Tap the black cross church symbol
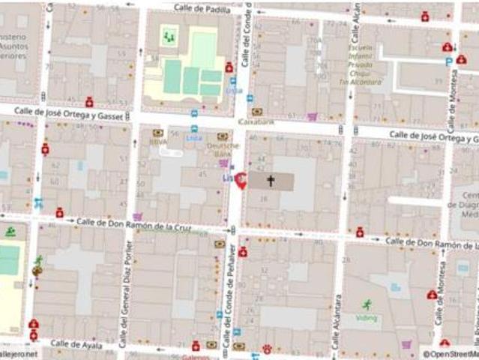[271, 181]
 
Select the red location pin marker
[241, 181]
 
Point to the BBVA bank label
[158, 141]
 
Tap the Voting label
[367, 318]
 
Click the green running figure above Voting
[367, 304]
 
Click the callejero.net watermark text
[18, 354]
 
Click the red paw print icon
[266, 348]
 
